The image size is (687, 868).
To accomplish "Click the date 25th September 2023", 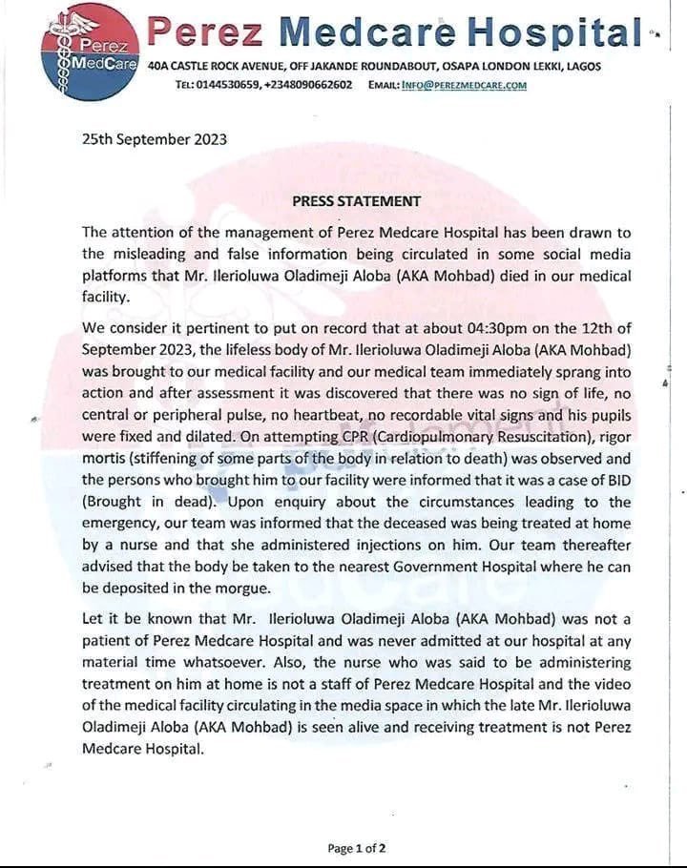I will tap(155, 139).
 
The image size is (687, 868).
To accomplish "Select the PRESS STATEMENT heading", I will tap(356, 201).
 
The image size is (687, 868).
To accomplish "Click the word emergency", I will tap(125, 524).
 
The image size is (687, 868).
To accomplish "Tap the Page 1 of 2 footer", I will tap(357, 848).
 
